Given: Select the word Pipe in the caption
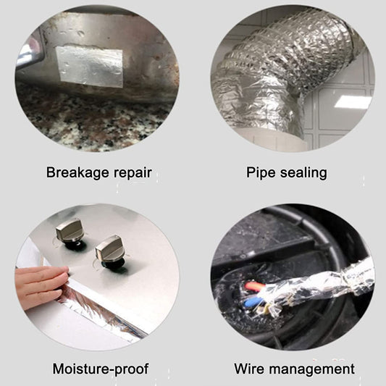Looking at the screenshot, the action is [261, 173].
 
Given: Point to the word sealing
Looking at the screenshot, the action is [303, 173].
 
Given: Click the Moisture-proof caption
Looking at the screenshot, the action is [101, 369].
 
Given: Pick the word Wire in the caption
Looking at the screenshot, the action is [249, 369].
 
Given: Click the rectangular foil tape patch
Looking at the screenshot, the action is [89, 66].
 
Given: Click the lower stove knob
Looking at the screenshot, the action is [109, 248].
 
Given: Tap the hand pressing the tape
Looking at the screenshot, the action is [41, 286].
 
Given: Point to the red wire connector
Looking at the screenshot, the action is [254, 286].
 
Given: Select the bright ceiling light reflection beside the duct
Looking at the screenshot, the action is [353, 101].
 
